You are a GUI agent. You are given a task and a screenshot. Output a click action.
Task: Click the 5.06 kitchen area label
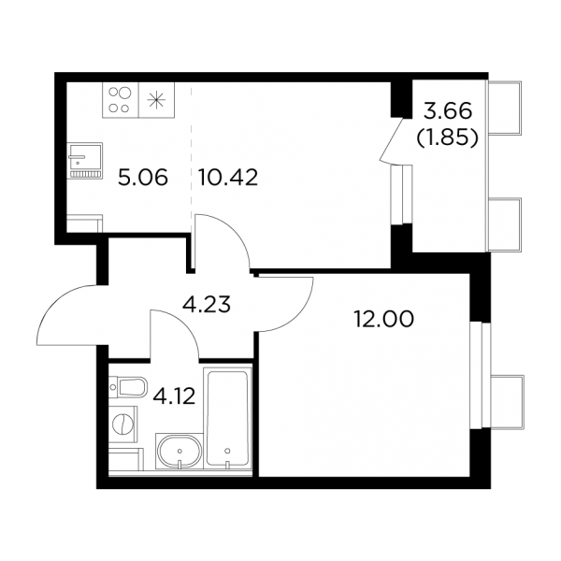143,178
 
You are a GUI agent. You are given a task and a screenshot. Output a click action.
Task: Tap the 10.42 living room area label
228,178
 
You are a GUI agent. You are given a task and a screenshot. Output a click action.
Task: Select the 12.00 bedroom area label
383,319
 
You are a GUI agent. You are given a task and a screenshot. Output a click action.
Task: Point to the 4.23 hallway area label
207,305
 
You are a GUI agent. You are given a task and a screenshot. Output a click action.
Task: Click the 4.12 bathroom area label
174,396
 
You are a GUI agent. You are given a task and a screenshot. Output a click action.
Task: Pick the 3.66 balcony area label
448,111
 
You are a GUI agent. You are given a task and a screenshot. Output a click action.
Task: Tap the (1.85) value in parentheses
448,137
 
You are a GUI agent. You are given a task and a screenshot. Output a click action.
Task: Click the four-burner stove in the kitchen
121,100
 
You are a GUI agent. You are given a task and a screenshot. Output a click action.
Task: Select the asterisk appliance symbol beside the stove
157,100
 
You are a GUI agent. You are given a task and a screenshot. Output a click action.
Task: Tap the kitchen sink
84,160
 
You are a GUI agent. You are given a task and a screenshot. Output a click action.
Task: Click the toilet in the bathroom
128,387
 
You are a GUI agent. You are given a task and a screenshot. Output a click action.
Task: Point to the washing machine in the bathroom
123,424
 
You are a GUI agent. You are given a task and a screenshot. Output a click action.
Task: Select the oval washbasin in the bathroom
180,452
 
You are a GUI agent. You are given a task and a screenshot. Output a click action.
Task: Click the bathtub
227,419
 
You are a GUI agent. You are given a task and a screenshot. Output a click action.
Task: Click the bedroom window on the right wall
479,375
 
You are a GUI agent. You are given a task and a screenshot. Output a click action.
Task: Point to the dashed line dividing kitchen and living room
191,151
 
